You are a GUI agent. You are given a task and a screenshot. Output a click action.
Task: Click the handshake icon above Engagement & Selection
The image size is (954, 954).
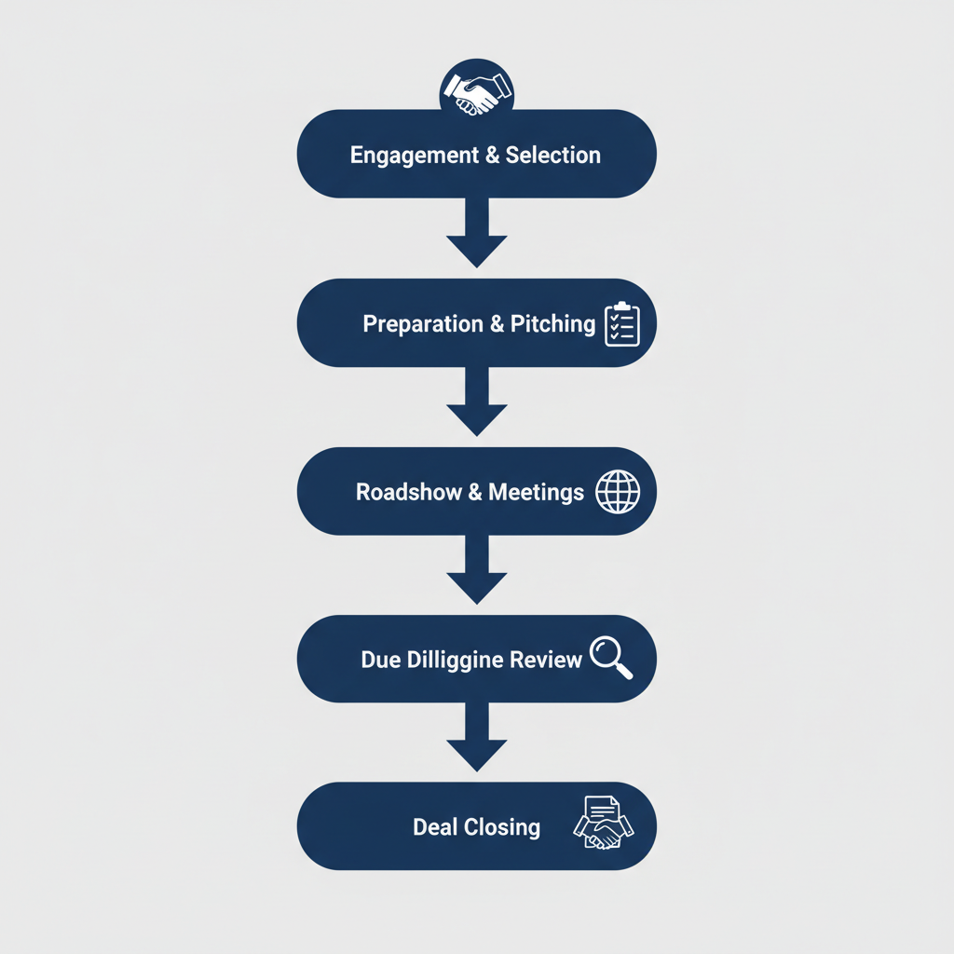tap(476, 90)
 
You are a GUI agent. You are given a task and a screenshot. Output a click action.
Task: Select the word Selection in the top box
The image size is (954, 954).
tap(553, 156)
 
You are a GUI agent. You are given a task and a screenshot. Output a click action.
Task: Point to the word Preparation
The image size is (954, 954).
tap(423, 324)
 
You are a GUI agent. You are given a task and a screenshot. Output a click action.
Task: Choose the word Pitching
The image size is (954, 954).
tap(552, 324)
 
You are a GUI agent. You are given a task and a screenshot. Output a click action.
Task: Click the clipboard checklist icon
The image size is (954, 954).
tap(621, 324)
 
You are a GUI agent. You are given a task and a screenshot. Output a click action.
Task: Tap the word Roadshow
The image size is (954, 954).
tap(409, 492)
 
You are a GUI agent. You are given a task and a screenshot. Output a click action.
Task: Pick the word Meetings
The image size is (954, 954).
tap(537, 492)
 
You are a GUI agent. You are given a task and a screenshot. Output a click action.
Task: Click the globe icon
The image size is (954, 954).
tap(618, 491)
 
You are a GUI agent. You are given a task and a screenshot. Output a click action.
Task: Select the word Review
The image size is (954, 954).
tap(546, 661)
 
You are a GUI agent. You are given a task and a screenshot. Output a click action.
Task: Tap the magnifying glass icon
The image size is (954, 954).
tap(611, 656)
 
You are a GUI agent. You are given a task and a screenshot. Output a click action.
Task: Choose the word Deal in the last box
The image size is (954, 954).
tap(433, 827)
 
